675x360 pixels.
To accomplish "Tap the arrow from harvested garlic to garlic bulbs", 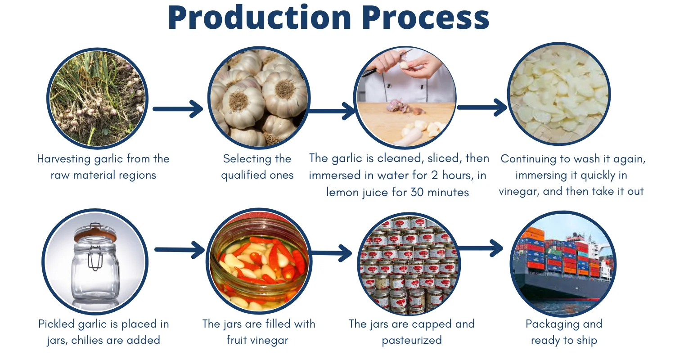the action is (178, 109).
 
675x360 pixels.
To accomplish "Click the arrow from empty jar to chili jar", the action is (179, 250).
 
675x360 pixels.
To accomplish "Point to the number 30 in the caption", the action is (416, 193).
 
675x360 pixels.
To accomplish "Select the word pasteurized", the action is (412, 340).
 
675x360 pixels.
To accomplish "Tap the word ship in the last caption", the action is (587, 340).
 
